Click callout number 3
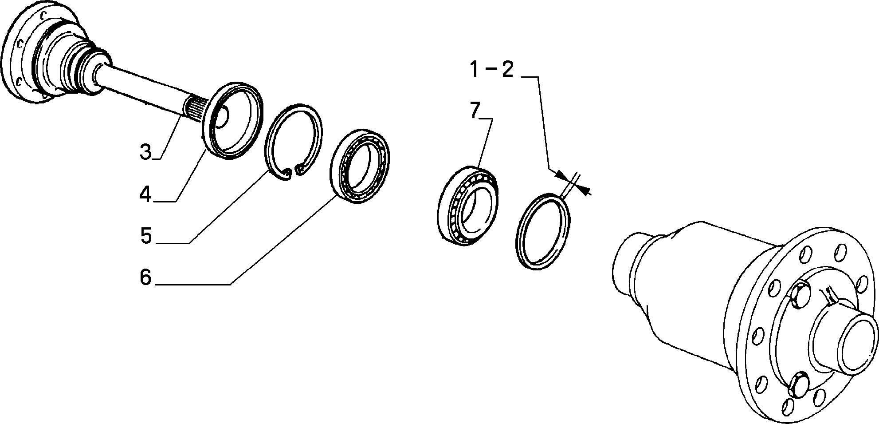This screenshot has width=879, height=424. (145, 151)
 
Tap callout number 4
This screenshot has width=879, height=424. (145, 194)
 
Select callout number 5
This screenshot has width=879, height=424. (146, 236)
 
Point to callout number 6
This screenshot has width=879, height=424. (145, 277)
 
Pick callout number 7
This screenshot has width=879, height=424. (475, 110)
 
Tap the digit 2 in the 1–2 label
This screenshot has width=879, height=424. (507, 70)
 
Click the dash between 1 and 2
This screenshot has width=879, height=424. (491, 70)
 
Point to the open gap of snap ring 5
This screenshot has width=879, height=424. (294, 171)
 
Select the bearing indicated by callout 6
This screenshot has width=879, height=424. (360, 166)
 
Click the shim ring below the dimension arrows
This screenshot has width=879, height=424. (544, 231)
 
